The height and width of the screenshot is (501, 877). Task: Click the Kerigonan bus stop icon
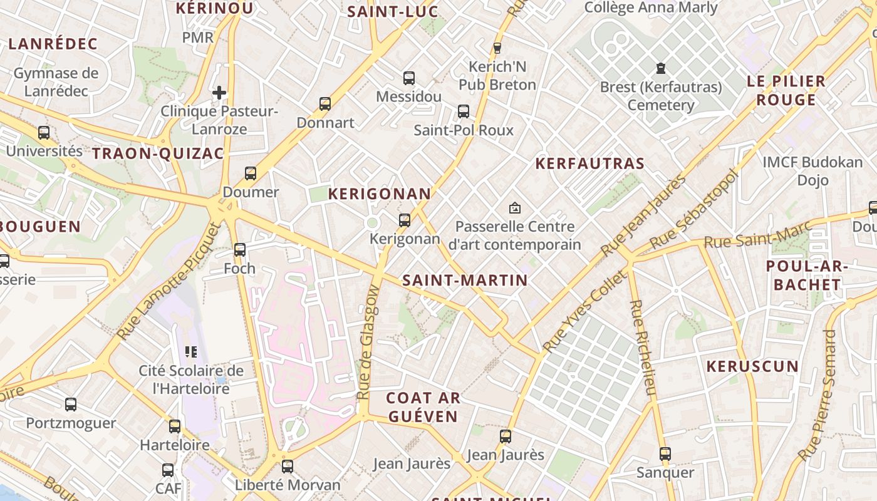405,220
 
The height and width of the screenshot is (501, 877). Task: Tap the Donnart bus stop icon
324,104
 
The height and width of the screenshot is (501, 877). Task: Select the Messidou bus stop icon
408,78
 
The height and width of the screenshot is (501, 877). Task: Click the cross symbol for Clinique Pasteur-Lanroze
219,93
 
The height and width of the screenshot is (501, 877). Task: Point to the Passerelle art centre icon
515,207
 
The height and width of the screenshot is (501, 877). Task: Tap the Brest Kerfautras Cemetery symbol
660,68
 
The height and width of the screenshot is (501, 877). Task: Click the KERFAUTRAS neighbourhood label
589,163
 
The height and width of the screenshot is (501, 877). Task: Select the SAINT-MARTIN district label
465,280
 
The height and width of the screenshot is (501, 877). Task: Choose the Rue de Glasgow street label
368,343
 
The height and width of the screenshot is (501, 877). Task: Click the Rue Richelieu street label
643,348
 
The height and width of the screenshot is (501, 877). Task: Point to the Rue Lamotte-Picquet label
170,281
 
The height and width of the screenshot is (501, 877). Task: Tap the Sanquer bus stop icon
665,454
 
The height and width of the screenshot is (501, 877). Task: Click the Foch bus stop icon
239,250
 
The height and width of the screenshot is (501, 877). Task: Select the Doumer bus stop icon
250,173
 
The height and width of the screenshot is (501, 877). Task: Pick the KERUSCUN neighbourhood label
752,366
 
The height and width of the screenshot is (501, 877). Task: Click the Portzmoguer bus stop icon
71,405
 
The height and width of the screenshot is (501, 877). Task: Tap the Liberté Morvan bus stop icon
287,467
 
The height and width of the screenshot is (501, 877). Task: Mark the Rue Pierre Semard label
818,395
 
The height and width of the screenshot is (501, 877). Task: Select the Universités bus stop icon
43,133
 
